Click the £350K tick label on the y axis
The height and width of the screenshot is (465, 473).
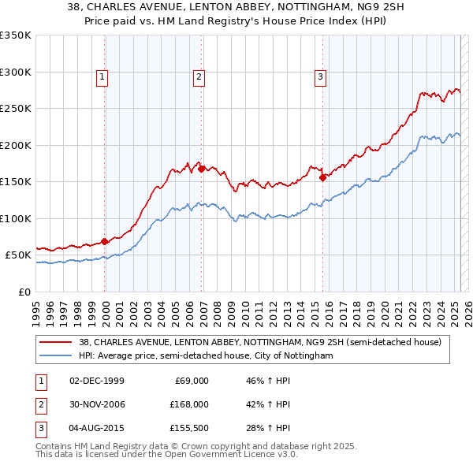point(16,35)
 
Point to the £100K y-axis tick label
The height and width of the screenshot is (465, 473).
point(16,218)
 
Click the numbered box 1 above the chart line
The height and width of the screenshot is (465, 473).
point(103,76)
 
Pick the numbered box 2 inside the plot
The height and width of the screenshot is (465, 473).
point(198,76)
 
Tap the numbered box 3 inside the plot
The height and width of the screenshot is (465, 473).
point(320,76)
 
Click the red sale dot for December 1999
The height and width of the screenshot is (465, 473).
point(105,241)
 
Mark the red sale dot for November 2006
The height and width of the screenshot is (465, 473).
point(202,169)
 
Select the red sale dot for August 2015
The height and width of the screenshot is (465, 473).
point(323,178)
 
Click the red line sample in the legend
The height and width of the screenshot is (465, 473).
point(56,343)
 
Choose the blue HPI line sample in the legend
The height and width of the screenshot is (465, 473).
point(56,356)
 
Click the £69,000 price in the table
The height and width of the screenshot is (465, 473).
point(189,381)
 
